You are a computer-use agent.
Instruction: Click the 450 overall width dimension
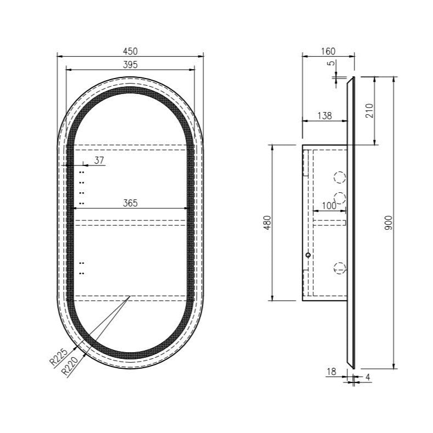[x=130, y=51]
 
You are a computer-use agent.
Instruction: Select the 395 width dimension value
[x=130, y=64]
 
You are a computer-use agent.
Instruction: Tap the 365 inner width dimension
[x=130, y=203]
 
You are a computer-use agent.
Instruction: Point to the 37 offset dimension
[x=99, y=160]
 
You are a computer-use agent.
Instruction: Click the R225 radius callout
[x=58, y=358]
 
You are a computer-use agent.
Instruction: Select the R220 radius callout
[x=70, y=367]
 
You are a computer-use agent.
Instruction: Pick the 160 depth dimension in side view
[x=327, y=51]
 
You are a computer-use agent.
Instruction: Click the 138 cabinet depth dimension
[x=325, y=116]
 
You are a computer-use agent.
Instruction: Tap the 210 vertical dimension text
[x=369, y=110]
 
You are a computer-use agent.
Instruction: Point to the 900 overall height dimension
[x=388, y=223]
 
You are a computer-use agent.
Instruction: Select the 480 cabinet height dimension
[x=268, y=223]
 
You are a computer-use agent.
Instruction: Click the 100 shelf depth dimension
[x=329, y=206]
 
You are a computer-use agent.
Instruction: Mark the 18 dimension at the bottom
[x=331, y=372]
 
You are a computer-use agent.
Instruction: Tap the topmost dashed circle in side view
[x=340, y=177]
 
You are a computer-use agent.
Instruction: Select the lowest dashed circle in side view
[x=340, y=268]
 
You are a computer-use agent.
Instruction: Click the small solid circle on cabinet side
[x=308, y=256]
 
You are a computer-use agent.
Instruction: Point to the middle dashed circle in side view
[x=340, y=198]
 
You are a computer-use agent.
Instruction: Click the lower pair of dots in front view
[x=81, y=268]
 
